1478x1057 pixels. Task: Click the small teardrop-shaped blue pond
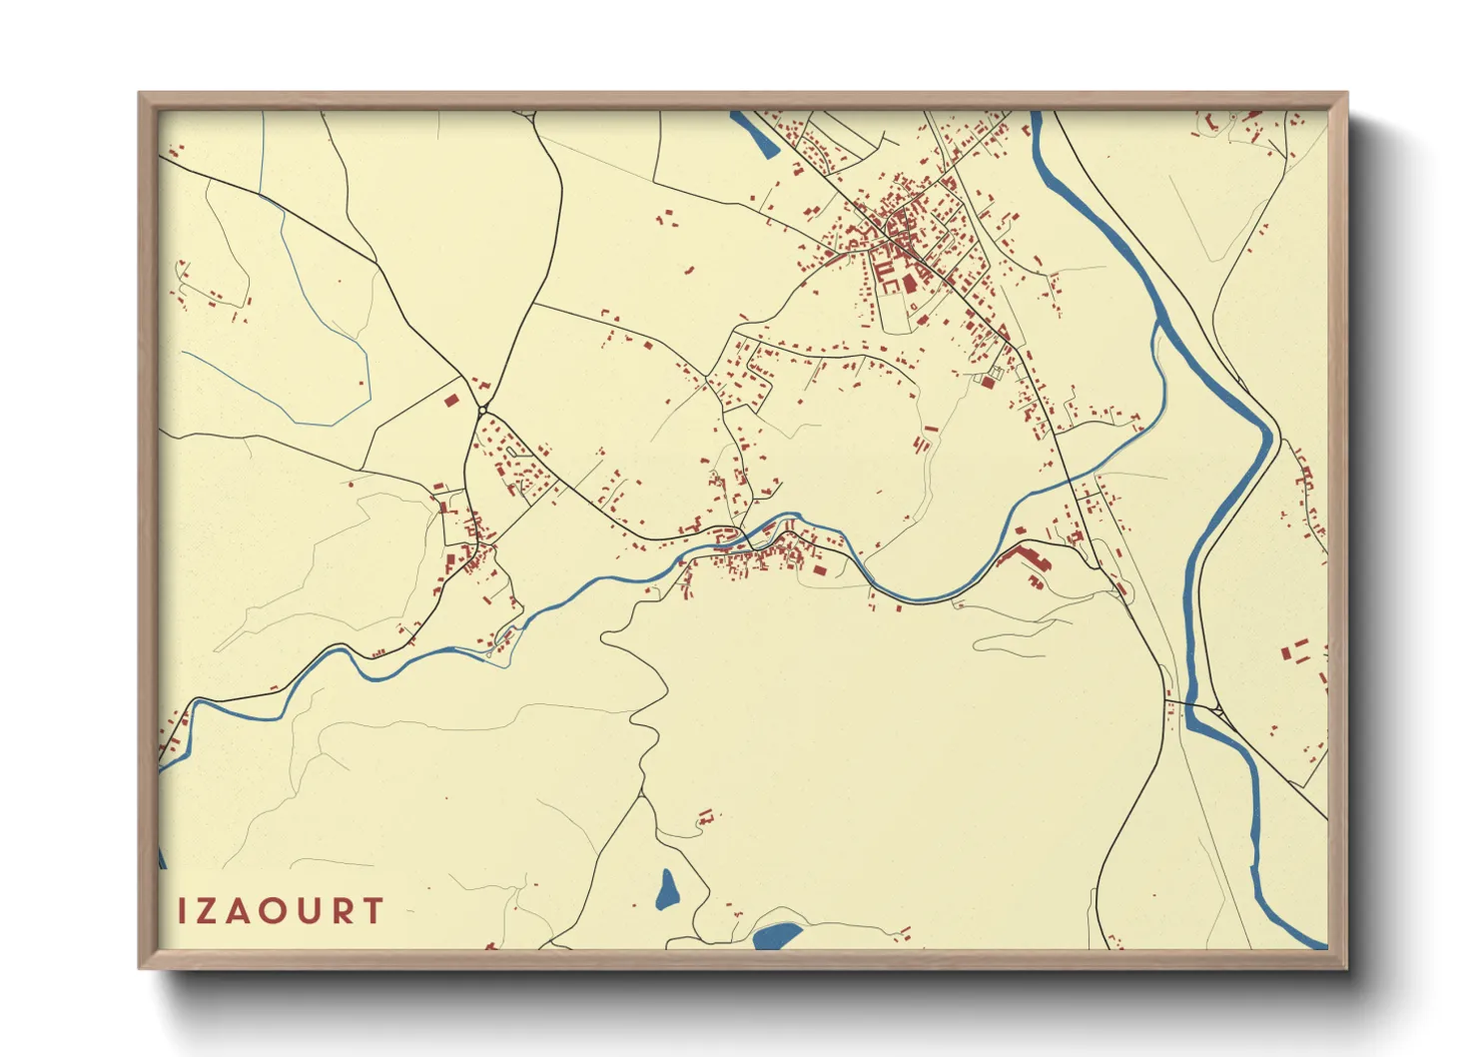click(x=667, y=889)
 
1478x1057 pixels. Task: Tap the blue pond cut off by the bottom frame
click(x=777, y=935)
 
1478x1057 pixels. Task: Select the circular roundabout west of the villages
click(x=482, y=411)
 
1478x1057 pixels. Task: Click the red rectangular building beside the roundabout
click(x=450, y=401)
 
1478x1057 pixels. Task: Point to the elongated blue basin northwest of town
click(x=755, y=134)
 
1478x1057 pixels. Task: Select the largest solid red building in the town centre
click(x=910, y=283)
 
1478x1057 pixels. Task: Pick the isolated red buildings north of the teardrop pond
click(x=706, y=818)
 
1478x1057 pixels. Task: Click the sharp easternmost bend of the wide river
click(x=1273, y=435)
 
